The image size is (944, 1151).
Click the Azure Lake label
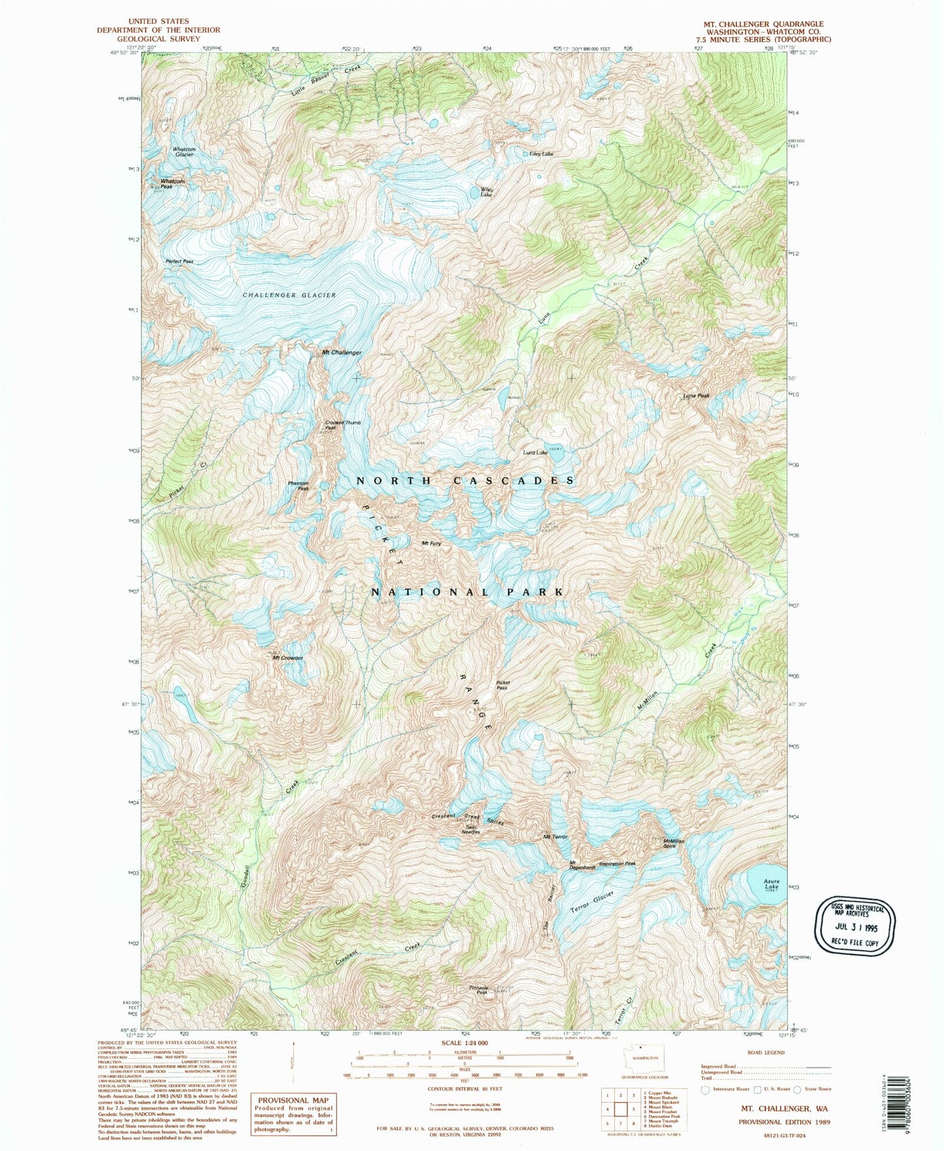pyautogui.click(x=772, y=884)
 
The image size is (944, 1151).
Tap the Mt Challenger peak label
pyautogui.click(x=342, y=353)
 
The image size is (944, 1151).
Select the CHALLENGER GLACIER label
pyautogui.click(x=289, y=295)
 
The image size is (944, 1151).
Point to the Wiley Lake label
pyautogui.click(x=487, y=193)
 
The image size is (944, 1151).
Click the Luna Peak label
pyautogui.click(x=696, y=395)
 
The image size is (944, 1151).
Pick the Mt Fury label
pyautogui.click(x=431, y=543)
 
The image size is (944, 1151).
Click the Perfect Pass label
pyautogui.click(x=179, y=261)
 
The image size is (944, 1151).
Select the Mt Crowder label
pyautogui.click(x=288, y=658)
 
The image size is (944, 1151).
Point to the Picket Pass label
pyautogui.click(x=502, y=685)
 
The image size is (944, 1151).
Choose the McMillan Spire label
pyautogui.click(x=674, y=843)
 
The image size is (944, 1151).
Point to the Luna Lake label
pyautogui.click(x=535, y=452)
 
